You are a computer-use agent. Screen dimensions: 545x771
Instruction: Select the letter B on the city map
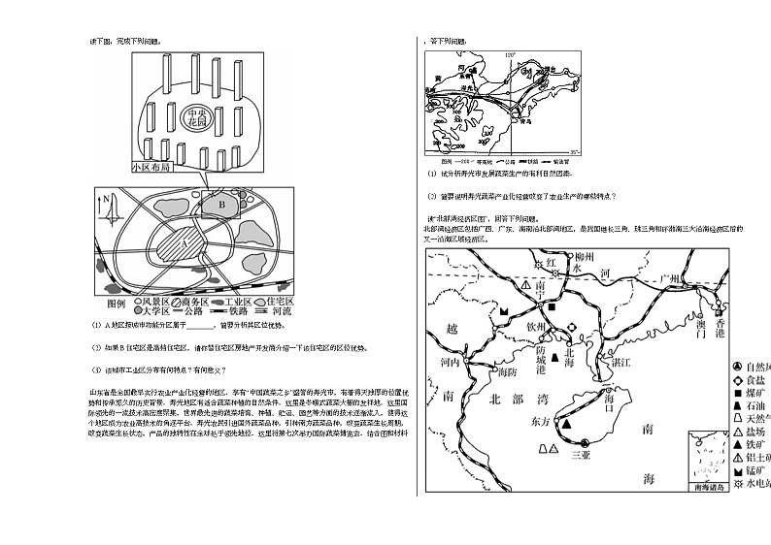click(220, 205)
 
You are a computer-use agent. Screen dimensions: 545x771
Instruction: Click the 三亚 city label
click(581, 454)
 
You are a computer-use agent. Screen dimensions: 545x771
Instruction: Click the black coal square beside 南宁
click(551, 306)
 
